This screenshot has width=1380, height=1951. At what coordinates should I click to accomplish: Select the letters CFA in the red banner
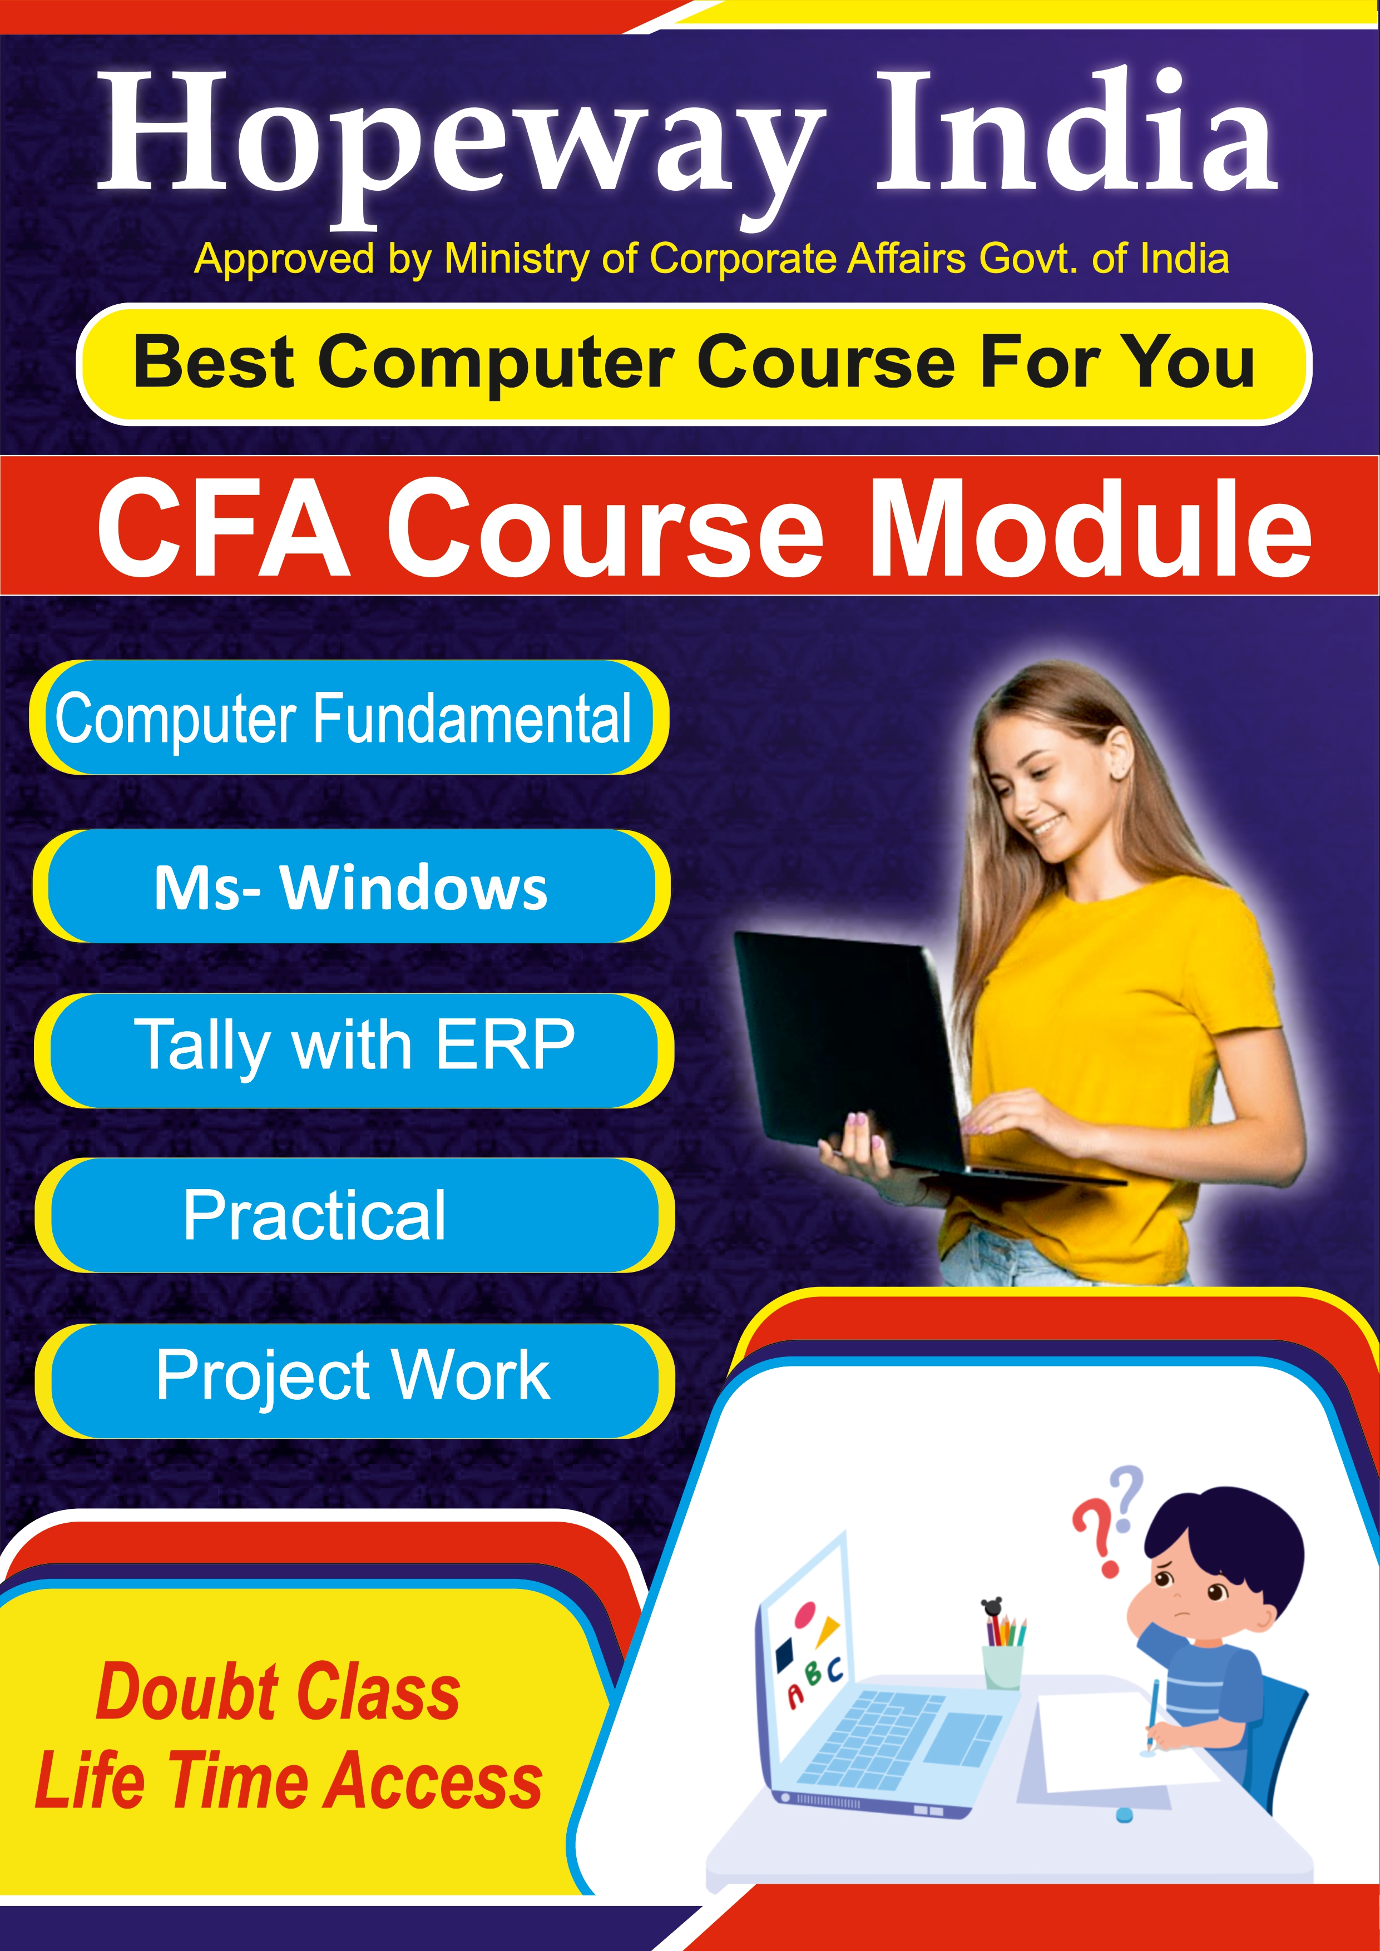coord(222,527)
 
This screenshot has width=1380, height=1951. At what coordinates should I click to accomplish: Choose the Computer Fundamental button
coord(348,717)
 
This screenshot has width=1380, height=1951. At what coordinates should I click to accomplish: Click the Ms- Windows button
coord(352,887)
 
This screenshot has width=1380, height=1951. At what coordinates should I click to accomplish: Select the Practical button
coord(354,1215)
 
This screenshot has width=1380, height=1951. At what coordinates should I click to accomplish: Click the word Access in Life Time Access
coord(435,1781)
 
